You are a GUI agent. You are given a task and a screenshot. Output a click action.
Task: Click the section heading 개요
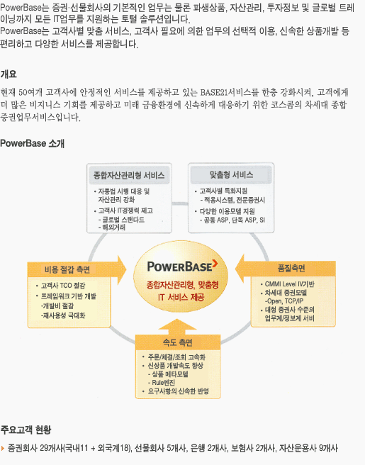(x=9, y=74)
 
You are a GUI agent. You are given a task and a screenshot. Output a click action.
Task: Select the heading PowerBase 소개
(x=33, y=143)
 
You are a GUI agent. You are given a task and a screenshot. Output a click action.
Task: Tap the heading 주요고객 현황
(x=26, y=430)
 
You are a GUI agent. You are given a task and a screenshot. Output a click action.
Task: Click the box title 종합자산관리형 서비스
(x=129, y=175)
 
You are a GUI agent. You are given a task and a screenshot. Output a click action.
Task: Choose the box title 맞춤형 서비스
(x=231, y=174)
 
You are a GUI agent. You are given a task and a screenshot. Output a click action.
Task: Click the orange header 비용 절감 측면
(x=67, y=269)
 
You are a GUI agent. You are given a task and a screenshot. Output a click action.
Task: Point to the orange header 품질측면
(x=291, y=269)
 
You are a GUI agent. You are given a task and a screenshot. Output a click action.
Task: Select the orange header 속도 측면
(x=178, y=342)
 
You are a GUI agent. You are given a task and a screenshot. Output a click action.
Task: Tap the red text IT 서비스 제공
(x=181, y=297)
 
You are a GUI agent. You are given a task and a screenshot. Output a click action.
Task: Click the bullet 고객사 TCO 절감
(x=63, y=286)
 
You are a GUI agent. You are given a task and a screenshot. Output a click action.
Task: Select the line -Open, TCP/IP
(x=284, y=301)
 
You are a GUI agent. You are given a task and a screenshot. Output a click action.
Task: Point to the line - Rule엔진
(x=162, y=383)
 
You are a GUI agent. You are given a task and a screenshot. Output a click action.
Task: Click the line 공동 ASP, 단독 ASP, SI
(x=232, y=220)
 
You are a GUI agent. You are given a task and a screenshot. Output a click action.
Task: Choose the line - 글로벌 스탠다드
(x=122, y=220)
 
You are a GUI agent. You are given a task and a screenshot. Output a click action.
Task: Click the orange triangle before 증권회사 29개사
(x=3, y=448)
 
